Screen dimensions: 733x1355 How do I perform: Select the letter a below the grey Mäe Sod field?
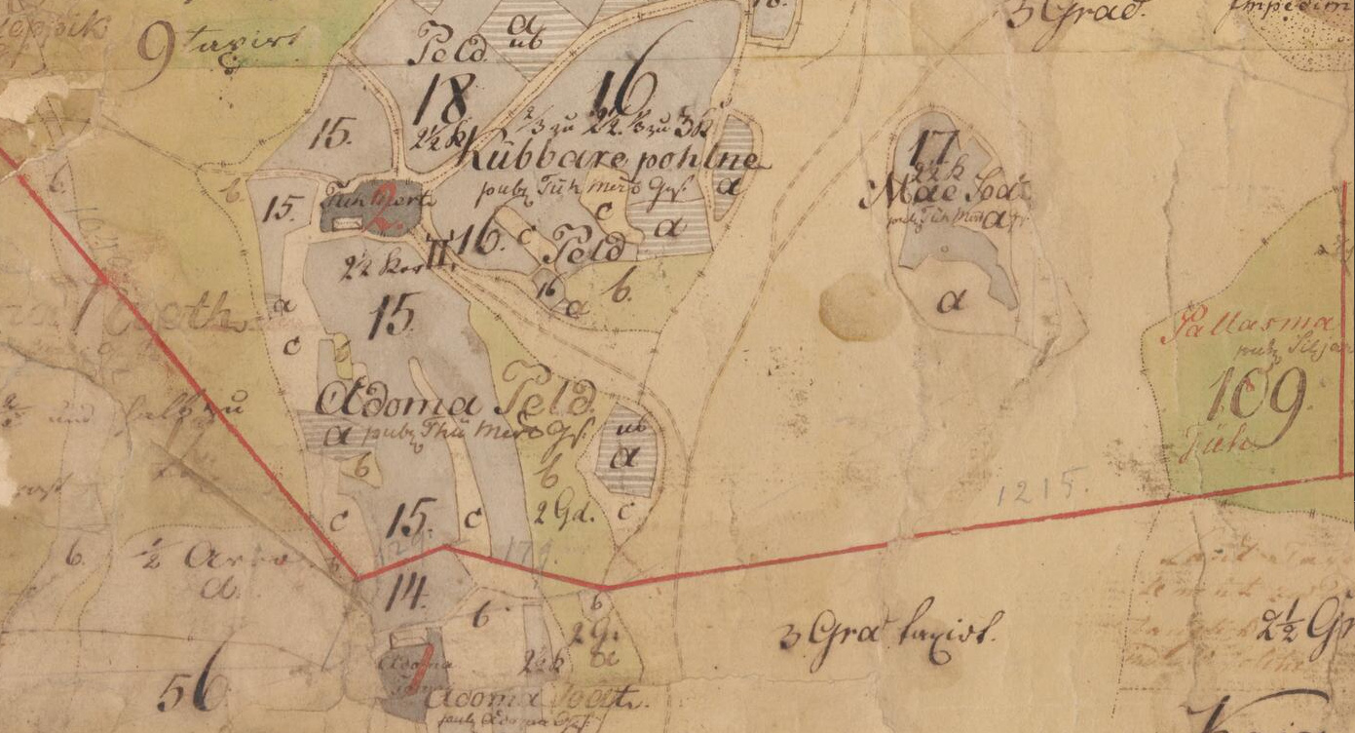pos(950,302)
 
